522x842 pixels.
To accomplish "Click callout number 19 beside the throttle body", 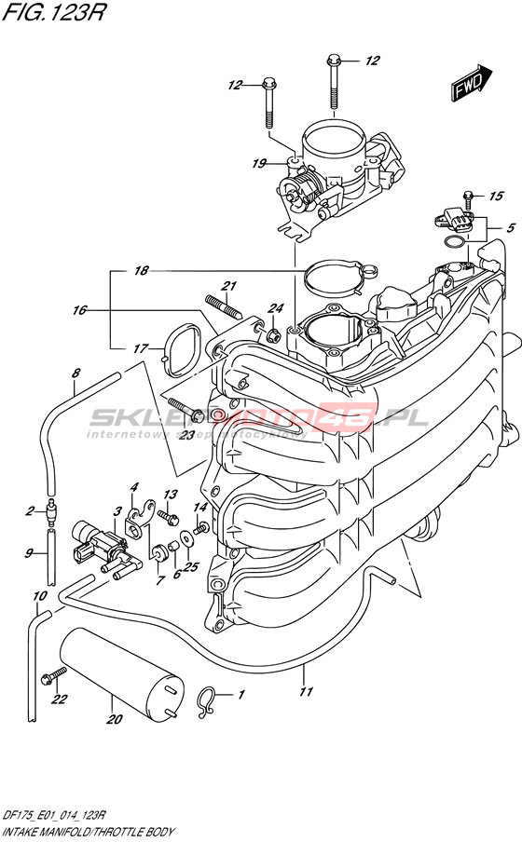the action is click(x=259, y=163).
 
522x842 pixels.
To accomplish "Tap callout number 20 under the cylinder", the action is click(x=115, y=719).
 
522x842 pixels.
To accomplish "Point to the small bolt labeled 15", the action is click(x=468, y=199).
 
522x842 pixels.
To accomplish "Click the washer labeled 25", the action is click(x=185, y=538).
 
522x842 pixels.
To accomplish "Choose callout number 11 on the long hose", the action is click(x=306, y=691).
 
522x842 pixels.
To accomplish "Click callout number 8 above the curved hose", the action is click(x=76, y=373).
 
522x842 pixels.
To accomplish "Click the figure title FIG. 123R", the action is click(x=53, y=12).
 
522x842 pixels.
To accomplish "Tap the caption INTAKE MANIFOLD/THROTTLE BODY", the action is click(x=89, y=832).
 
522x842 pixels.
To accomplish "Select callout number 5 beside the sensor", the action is click(x=510, y=227).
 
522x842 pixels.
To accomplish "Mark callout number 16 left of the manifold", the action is click(x=79, y=310).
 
